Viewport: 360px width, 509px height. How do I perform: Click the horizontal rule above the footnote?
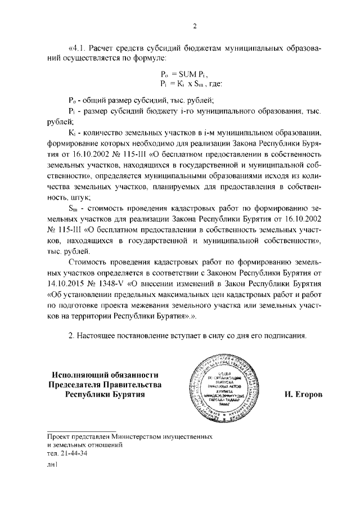coord(81,430)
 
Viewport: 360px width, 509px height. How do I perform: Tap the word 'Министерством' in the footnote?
coord(143,436)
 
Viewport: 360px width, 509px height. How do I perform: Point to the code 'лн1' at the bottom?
coord(52,466)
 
